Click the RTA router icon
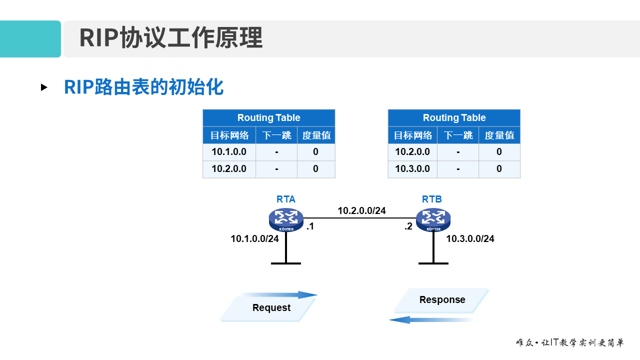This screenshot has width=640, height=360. (286, 219)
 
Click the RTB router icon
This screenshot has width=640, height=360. (433, 219)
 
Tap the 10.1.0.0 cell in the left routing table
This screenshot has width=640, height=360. (229, 152)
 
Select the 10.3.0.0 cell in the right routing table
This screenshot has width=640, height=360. (412, 169)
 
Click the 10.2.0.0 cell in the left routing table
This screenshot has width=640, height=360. (229, 169)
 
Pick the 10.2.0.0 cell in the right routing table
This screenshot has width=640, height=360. (412, 152)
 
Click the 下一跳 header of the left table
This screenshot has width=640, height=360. (276, 135)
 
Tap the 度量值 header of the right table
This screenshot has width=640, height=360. (499, 135)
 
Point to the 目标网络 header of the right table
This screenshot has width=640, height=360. (412, 135)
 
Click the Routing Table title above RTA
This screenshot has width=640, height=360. (268, 118)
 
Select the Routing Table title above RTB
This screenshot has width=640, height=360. (454, 118)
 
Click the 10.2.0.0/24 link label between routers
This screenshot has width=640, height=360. (361, 211)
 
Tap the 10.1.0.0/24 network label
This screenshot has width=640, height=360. (254, 239)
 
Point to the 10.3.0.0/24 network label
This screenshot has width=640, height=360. (470, 239)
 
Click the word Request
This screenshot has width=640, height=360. (271, 308)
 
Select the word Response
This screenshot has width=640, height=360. (442, 300)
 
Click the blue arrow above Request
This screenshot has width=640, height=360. (280, 295)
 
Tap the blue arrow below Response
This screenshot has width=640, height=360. (430, 319)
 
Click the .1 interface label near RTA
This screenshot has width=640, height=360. (310, 226)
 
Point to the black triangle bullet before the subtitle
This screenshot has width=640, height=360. (44, 87)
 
